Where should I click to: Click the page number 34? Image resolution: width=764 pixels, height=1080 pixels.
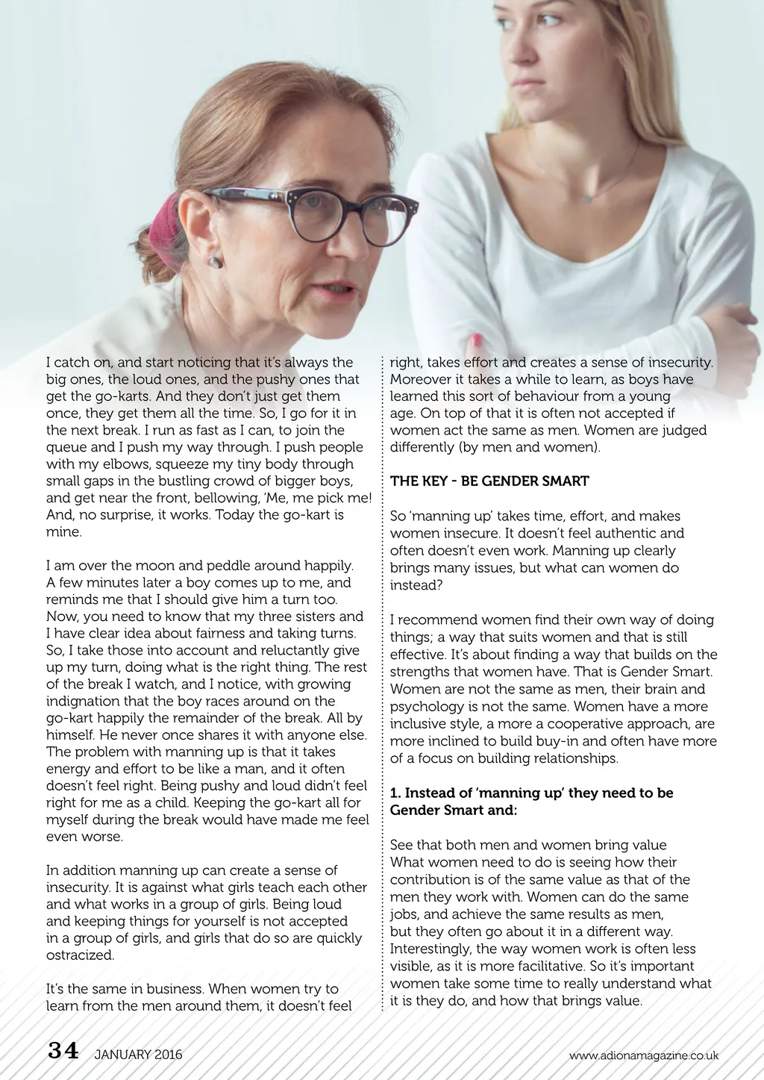[63, 1051]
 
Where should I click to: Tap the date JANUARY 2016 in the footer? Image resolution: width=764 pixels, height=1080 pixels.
[138, 1055]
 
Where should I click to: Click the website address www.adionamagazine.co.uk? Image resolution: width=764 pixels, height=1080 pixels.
[643, 1055]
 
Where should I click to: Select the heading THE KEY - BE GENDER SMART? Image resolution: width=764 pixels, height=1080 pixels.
[489, 481]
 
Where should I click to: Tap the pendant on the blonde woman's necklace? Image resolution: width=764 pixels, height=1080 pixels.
[588, 199]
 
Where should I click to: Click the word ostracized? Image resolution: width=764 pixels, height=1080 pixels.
[81, 955]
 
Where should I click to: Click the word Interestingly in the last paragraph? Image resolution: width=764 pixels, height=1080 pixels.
[430, 949]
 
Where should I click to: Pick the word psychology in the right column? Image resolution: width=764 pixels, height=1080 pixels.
[424, 707]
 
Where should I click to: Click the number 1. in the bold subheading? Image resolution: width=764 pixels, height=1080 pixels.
[395, 793]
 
